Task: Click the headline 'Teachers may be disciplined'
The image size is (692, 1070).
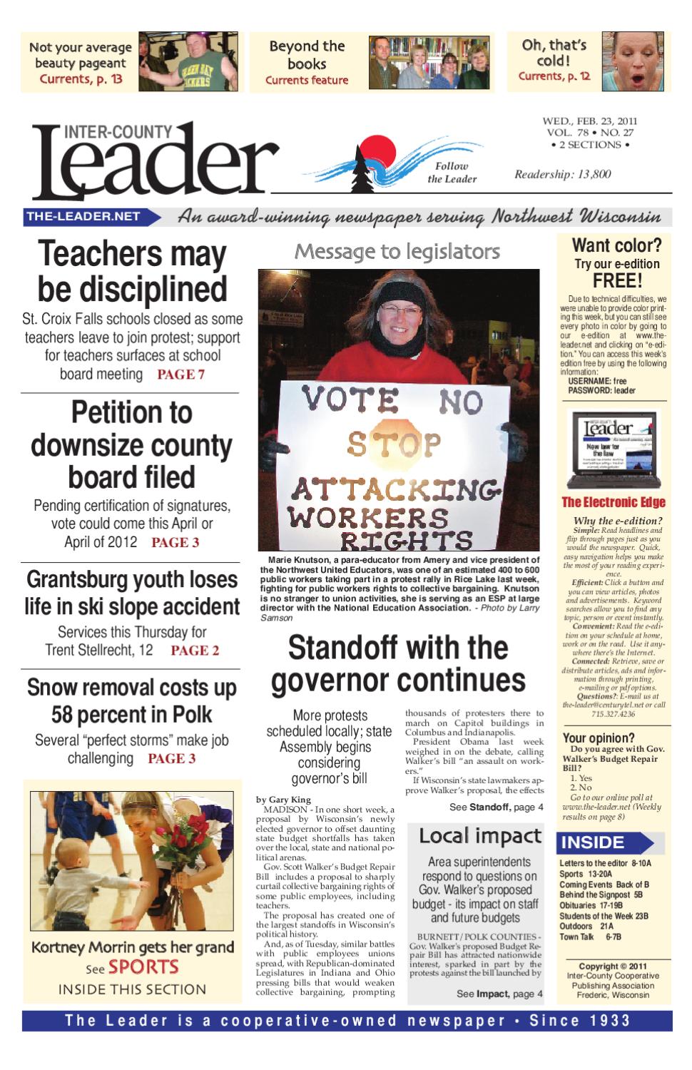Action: [x=132, y=272]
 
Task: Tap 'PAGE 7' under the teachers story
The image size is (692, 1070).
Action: [x=180, y=374]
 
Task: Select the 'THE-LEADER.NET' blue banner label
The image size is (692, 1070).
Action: [x=83, y=216]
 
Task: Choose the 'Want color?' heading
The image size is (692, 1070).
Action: [x=616, y=245]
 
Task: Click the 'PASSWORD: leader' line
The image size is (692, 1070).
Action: [x=601, y=390]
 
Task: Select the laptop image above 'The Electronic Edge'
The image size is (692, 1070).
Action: [x=612, y=449]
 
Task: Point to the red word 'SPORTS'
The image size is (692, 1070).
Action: [x=143, y=967]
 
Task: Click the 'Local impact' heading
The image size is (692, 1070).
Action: [x=480, y=835]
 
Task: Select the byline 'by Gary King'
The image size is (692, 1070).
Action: [x=283, y=800]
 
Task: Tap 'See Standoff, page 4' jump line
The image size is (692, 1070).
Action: [x=496, y=807]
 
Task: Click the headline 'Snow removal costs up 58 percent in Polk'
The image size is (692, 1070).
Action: [x=132, y=700]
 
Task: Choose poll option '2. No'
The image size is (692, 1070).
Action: [x=580, y=788]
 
